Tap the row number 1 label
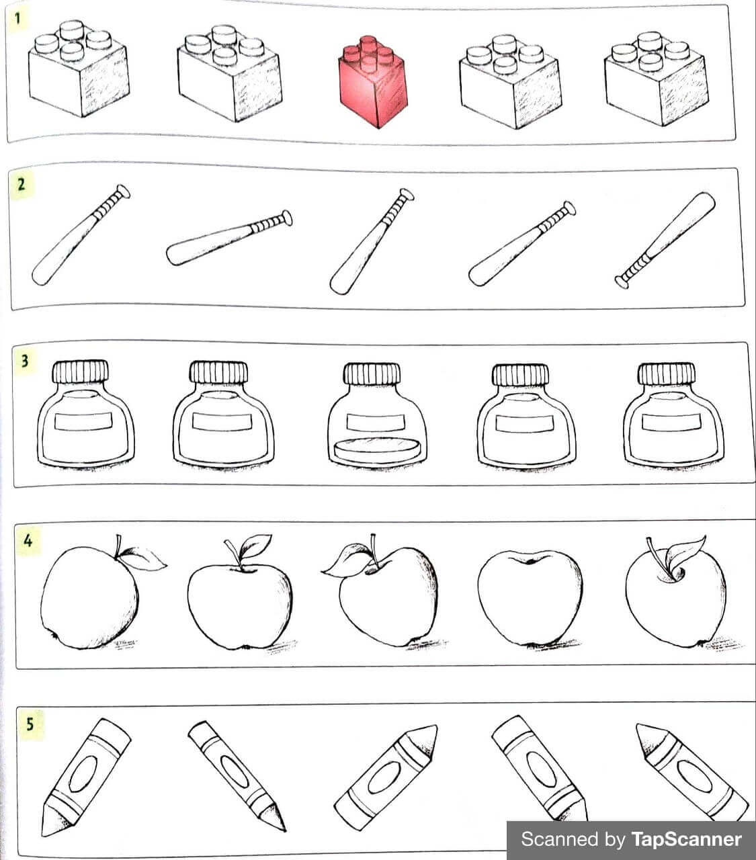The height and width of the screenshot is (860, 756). coord(17,17)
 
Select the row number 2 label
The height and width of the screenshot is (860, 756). coord(22,184)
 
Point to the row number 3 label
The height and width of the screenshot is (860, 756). coord(25,361)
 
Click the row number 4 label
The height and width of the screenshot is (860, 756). coord(28,540)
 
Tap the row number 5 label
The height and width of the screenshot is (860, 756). coord(30,724)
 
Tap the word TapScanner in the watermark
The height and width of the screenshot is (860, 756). coord(685,839)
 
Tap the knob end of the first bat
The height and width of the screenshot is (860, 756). coord(122,192)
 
